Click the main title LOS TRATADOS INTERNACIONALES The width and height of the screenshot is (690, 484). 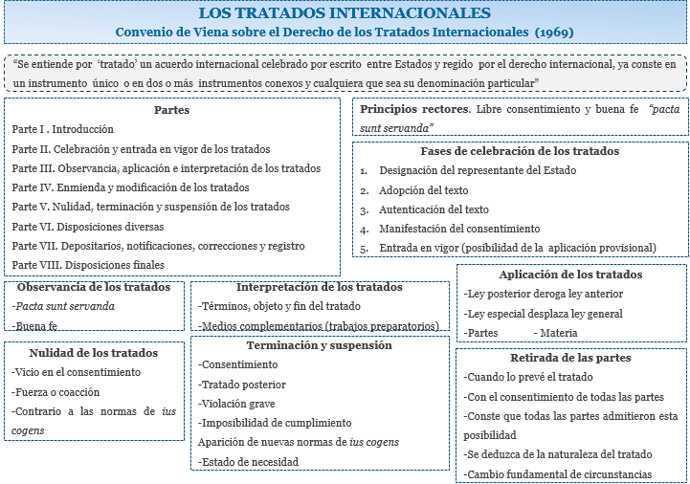(345, 13)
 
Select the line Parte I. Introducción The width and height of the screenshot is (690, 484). (63, 129)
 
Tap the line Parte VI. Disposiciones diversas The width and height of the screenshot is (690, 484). (88, 227)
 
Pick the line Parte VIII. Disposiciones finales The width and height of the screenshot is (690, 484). (88, 265)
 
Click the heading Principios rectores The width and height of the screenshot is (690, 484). (415, 109)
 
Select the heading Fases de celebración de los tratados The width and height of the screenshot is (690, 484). (520, 151)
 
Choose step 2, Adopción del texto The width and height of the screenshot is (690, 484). (423, 190)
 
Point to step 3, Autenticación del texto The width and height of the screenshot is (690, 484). (434, 209)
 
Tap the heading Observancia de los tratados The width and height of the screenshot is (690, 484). (94, 287)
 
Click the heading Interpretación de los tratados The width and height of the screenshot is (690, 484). (319, 287)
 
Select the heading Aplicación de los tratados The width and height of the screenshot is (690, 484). (570, 275)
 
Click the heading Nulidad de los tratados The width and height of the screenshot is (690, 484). (94, 353)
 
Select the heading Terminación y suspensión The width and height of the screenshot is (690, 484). (319, 345)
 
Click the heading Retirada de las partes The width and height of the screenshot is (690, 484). (570, 358)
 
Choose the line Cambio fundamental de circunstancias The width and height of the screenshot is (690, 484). (558, 474)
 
